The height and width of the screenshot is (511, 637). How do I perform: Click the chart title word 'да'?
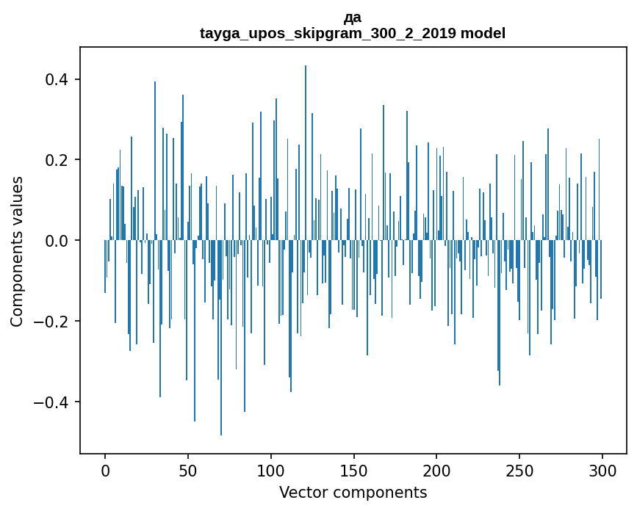coord(352,18)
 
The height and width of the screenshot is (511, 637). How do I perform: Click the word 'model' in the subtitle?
coord(483,33)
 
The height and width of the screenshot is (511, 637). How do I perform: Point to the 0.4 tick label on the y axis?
coord(57,79)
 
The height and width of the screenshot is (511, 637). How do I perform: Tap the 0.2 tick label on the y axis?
coord(57,160)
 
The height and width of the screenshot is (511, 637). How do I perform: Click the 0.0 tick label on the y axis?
coord(57,241)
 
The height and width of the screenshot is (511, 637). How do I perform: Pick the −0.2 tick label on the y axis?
coord(51,322)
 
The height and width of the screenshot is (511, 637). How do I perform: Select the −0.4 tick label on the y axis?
coord(51,402)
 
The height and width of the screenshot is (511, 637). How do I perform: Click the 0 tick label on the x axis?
coord(105,471)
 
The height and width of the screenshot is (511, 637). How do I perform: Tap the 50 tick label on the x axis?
coord(187,471)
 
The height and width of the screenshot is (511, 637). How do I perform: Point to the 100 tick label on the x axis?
coord(270,471)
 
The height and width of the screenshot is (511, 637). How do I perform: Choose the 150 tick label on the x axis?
coord(353,471)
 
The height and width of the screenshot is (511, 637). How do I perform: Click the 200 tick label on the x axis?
coord(436,471)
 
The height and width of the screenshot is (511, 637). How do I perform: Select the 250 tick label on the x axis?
coord(519,471)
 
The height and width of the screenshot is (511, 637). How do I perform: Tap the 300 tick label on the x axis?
coord(602,471)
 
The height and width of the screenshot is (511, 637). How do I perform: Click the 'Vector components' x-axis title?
coord(353,493)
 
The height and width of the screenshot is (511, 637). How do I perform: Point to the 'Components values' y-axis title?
coord(17,252)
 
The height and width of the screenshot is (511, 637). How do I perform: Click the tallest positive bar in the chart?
coord(306,153)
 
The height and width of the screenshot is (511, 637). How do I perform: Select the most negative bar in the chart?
coord(221,338)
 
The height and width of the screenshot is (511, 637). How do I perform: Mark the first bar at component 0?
coord(105,267)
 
